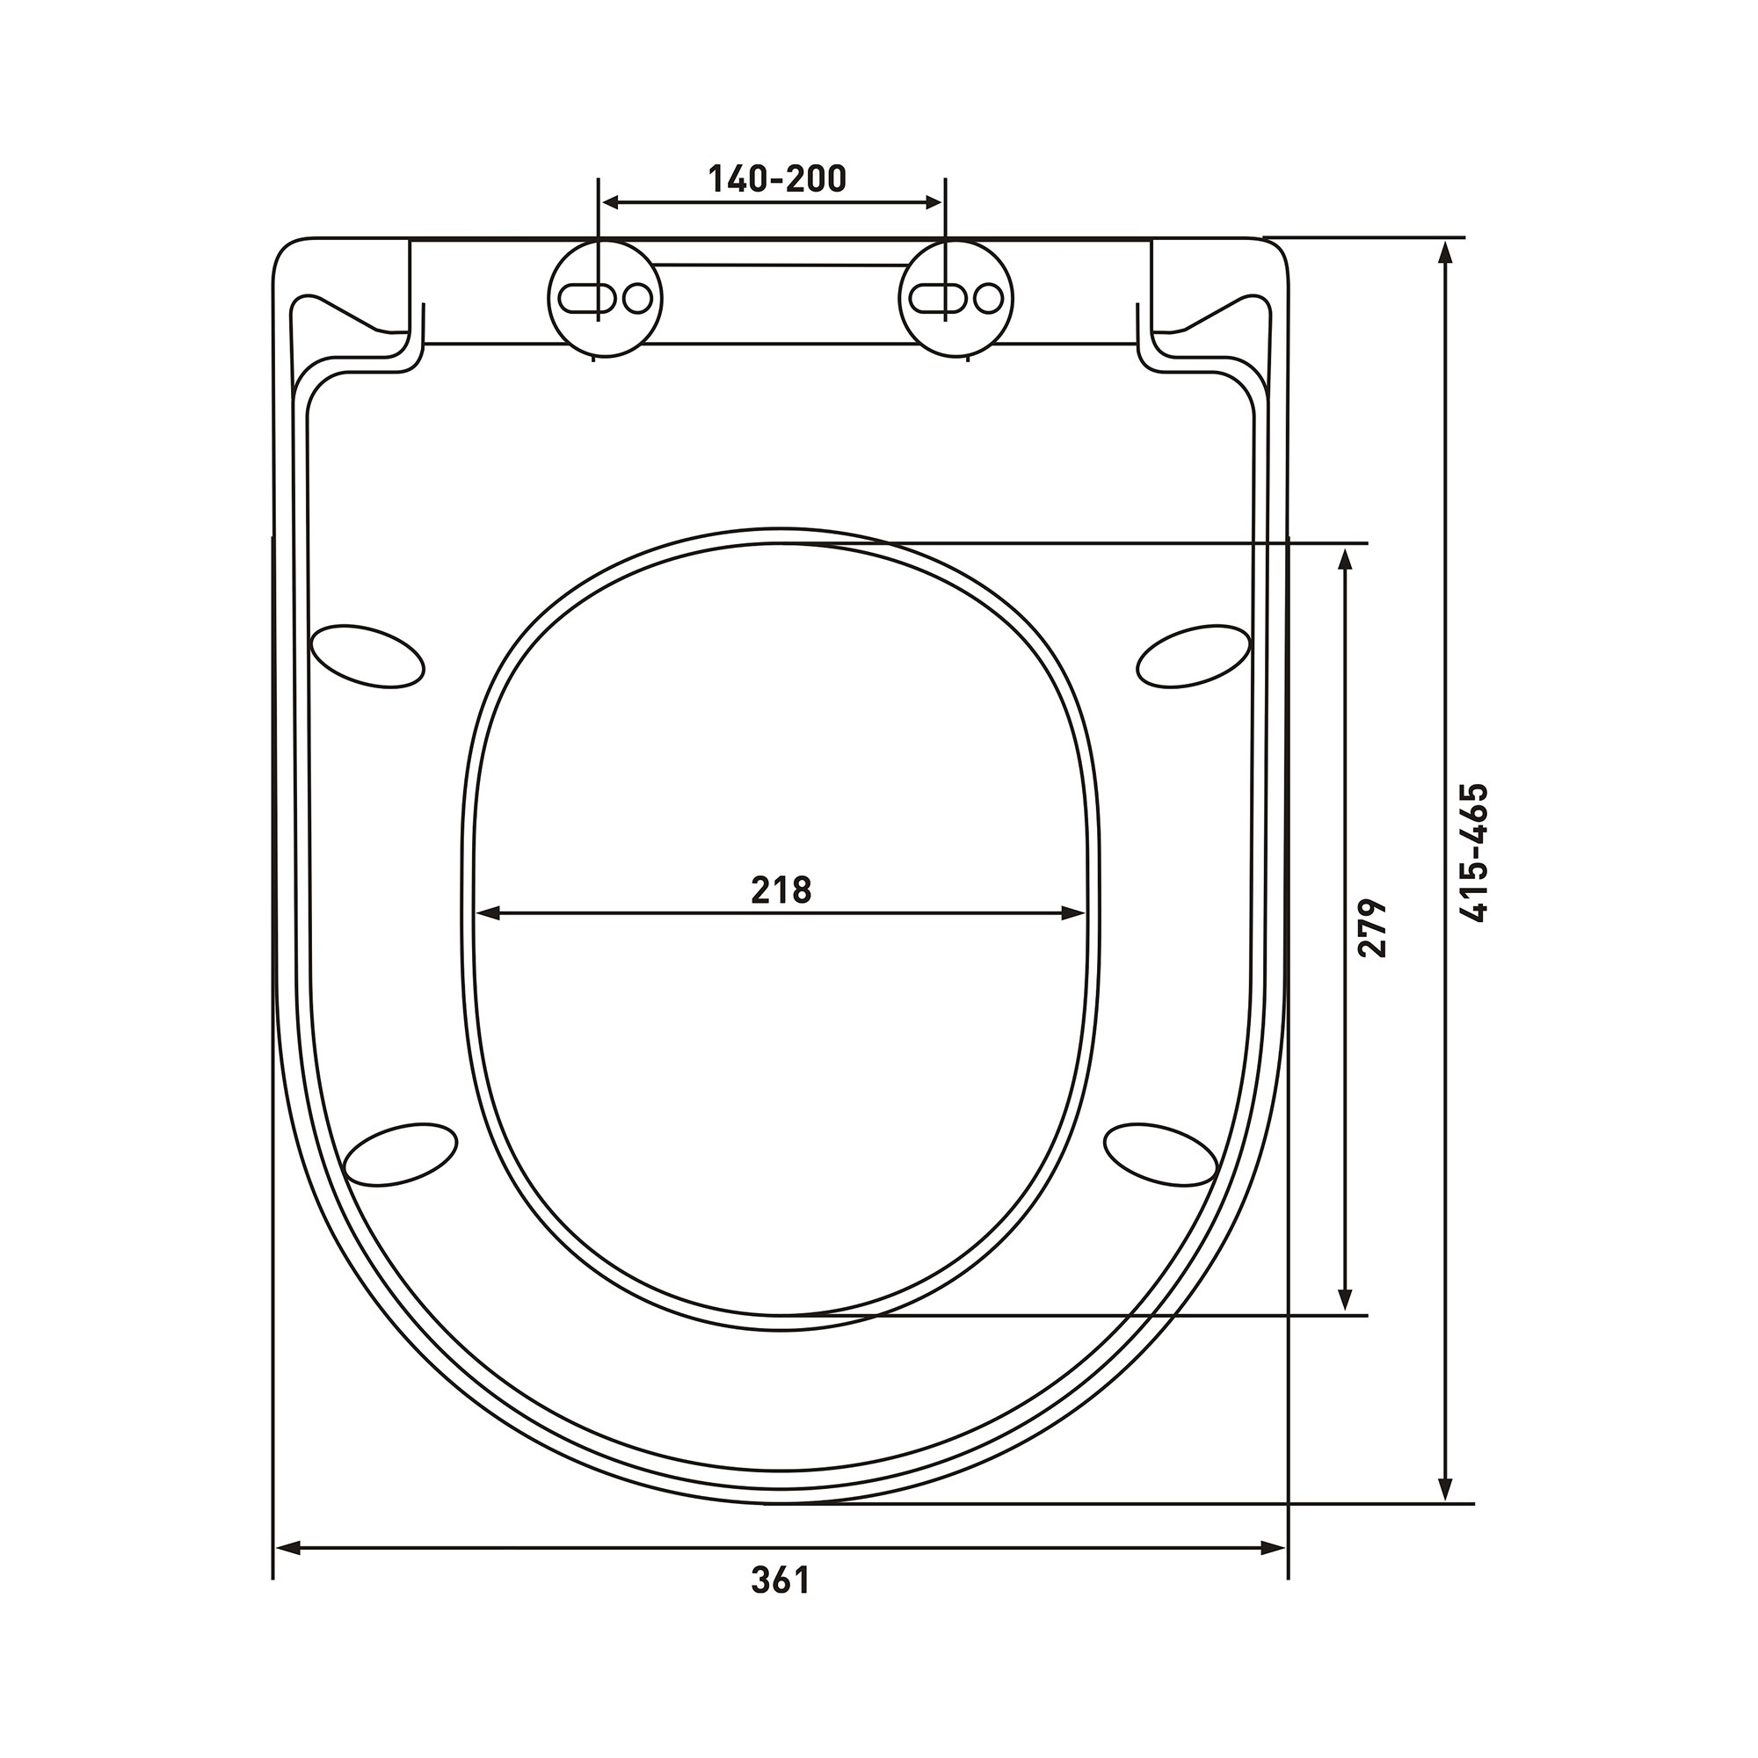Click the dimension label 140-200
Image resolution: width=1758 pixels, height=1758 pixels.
pyautogui.click(x=777, y=179)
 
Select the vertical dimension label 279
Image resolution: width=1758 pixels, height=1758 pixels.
pyautogui.click(x=1372, y=928)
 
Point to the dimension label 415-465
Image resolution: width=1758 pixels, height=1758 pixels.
pyautogui.click(x=1472, y=853)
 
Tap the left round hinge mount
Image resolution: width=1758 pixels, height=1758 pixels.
pyautogui.click(x=605, y=298)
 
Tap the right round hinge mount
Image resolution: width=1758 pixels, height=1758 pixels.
pyautogui.click(x=956, y=298)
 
